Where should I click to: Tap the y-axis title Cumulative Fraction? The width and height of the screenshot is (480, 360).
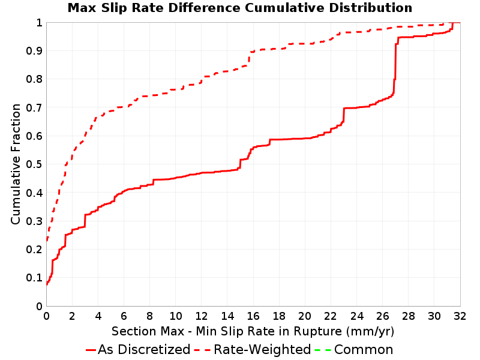click(16, 164)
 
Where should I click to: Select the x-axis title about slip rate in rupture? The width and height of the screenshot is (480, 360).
click(253, 332)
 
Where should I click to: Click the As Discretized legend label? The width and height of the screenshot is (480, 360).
click(144, 350)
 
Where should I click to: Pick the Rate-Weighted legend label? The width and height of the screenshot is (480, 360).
click(262, 350)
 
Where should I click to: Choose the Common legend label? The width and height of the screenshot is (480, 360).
click(364, 350)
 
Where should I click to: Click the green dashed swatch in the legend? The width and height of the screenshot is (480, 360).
click(323, 350)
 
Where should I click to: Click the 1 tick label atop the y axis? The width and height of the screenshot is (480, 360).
click(39, 23)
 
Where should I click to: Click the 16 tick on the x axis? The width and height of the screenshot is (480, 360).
click(253, 316)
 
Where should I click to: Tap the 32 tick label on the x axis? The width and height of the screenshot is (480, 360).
click(460, 316)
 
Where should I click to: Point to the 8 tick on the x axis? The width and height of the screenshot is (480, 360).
click(149, 316)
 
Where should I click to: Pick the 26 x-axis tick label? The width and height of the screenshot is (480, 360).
click(382, 316)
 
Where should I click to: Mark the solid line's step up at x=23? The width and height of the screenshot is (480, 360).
click(344, 115)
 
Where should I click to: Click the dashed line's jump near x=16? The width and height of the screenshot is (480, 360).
click(250, 58)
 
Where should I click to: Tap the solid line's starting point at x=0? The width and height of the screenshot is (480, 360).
click(47, 284)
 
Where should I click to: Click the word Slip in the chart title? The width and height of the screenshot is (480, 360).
click(113, 8)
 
